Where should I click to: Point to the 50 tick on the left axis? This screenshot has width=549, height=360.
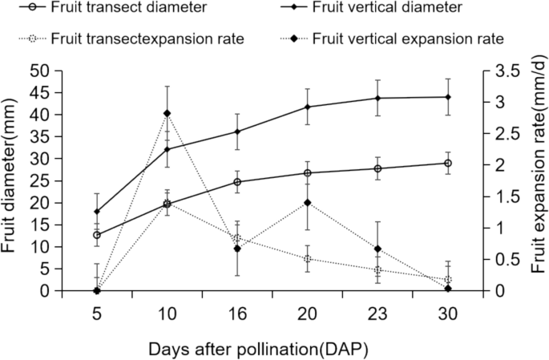click(40, 71)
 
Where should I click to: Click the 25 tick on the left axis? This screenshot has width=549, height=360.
click(40, 180)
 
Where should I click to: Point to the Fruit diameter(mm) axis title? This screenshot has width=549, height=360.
click(11, 180)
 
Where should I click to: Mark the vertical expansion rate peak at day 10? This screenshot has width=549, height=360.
click(167, 114)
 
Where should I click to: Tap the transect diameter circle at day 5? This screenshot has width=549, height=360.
click(97, 235)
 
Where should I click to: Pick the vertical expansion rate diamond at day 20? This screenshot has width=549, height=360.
click(307, 203)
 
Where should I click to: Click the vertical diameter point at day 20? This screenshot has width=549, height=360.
click(307, 107)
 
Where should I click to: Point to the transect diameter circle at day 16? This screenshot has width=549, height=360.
click(237, 182)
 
